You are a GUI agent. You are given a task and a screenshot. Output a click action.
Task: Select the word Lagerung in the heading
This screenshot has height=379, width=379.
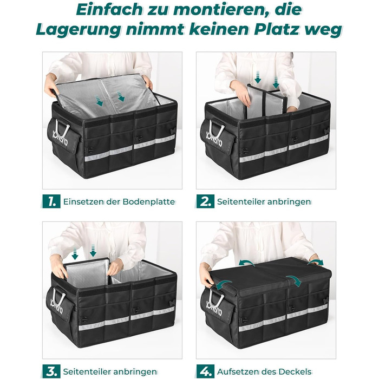(x=79, y=30)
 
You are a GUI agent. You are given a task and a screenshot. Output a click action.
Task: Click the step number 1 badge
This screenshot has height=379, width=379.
(x=51, y=201)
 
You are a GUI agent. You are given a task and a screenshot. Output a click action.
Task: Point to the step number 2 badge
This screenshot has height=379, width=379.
(x=205, y=201)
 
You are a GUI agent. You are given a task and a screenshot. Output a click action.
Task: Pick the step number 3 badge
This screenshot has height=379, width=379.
(x=51, y=371)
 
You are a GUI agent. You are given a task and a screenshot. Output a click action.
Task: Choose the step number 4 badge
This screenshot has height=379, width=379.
(x=205, y=371)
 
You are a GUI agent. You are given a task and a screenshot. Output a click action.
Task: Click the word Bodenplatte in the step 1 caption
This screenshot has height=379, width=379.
(x=149, y=201)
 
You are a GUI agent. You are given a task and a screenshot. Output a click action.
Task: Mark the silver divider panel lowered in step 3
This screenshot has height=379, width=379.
(x=88, y=272)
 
